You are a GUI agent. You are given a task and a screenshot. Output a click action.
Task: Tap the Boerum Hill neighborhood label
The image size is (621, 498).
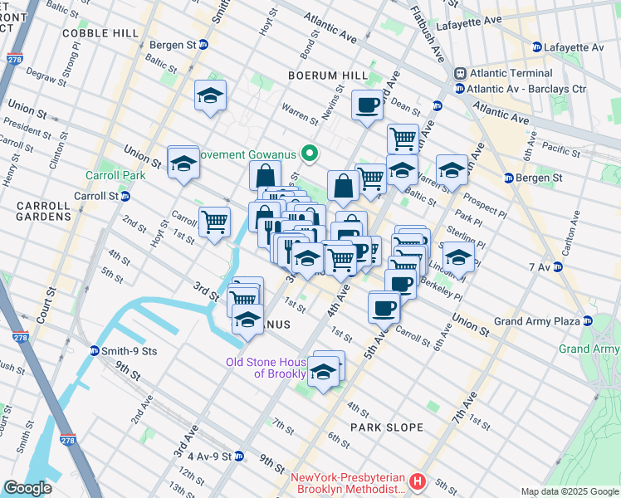pos(327,76)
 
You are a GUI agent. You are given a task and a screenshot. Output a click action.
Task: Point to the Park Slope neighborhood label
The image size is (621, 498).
pos(386,427)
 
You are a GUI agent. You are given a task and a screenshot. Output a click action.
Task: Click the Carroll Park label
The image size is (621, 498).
pos(115,175)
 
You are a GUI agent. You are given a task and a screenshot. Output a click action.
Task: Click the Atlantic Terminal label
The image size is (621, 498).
pos(500,73)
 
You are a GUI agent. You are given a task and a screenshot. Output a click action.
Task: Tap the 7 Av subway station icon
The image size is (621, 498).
pos(559,267)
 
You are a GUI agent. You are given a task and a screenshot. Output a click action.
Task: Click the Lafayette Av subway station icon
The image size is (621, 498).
pos(537,47)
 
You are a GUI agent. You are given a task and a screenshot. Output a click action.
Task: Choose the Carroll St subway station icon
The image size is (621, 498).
pos(125,197)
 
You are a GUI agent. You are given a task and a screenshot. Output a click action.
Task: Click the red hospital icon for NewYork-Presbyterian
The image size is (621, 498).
pos(418,481)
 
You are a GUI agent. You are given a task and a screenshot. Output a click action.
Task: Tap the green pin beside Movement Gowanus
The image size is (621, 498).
pos(310,154)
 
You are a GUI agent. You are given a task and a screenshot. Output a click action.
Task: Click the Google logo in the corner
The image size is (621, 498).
pos(27,487)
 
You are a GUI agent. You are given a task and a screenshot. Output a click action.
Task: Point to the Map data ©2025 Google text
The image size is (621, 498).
pos(569,491)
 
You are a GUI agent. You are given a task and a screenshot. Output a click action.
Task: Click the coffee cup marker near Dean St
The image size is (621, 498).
pos(366,105)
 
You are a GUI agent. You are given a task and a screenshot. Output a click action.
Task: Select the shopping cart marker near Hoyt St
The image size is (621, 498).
pos(214,222)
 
